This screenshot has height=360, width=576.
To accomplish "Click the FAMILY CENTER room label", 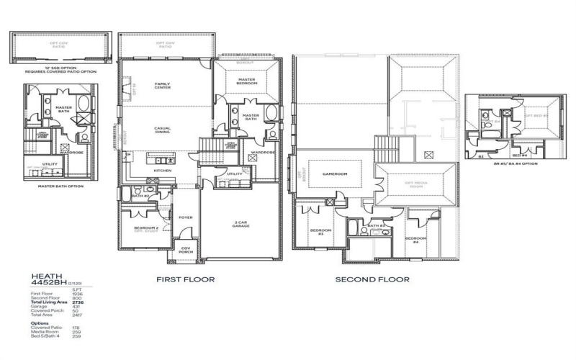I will point(162,86).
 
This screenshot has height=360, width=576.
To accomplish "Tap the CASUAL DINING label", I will point(162,131).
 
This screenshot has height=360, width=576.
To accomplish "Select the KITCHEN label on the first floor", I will point(162,171).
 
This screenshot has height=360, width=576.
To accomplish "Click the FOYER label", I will point(186,217).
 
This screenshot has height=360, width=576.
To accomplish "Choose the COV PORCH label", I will point(185,251).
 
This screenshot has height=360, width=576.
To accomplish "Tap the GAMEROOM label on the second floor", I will point(335,174).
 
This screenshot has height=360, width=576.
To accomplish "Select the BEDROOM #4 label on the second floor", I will point(415,240).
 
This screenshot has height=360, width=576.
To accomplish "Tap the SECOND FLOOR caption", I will point(372,279).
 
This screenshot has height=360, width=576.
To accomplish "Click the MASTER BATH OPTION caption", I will point(61,185).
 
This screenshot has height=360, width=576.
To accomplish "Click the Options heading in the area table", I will point(40,323).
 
